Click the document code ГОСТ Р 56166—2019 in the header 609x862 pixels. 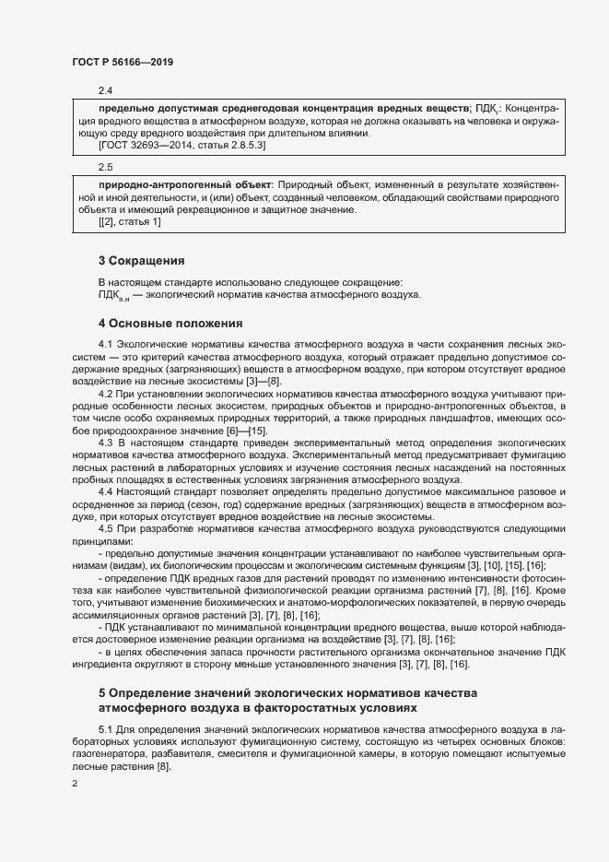click(123, 62)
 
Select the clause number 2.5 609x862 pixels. click(105, 167)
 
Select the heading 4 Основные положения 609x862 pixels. click(170, 324)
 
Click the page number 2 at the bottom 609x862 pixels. click(75, 785)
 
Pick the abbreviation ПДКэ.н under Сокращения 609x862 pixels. click(113, 296)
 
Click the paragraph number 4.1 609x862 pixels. click(105, 344)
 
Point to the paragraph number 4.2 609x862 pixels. click(105, 393)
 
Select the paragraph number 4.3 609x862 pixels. click(105, 442)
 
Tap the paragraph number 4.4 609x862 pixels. click(105, 490)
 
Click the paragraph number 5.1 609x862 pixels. click(105, 730)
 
